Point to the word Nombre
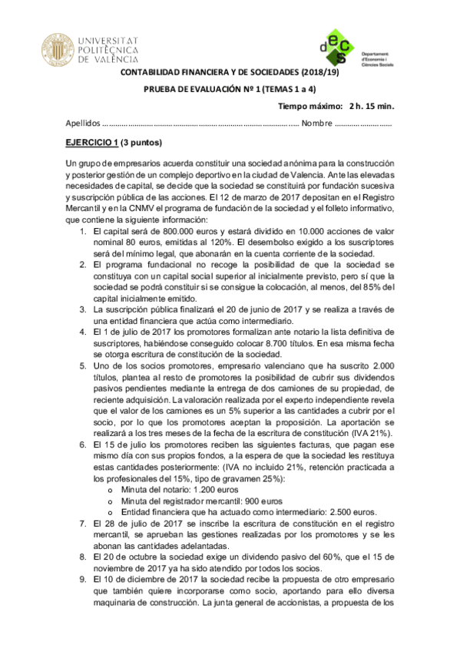tap(316, 123)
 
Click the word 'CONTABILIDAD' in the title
tap(153, 72)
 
